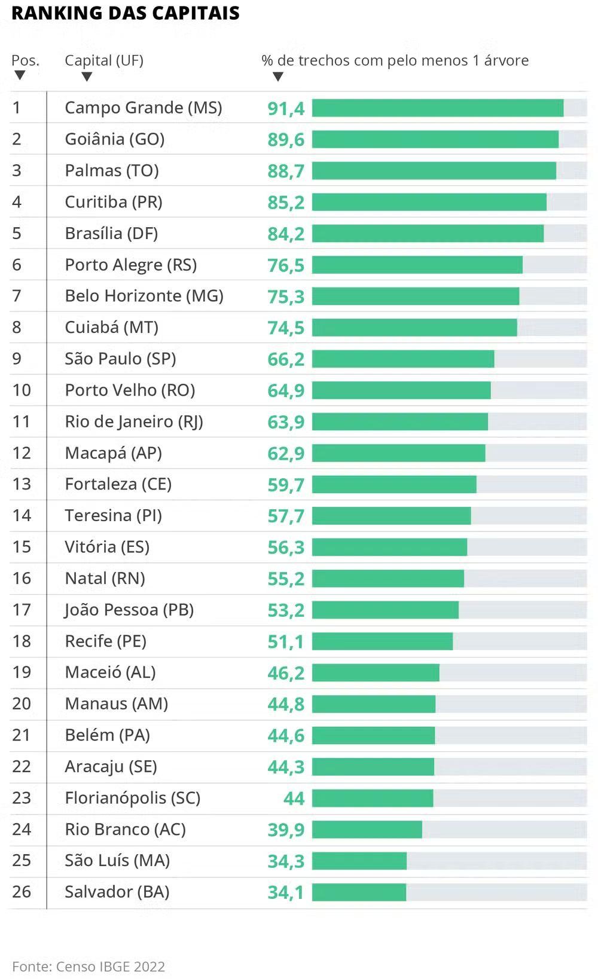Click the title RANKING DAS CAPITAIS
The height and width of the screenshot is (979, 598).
coord(126,13)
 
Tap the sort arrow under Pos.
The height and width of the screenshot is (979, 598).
coord(20,75)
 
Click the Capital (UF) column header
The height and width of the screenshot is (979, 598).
coord(104,60)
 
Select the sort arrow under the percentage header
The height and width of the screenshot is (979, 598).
coord(277,77)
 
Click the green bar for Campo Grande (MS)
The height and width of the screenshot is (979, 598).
coord(438,108)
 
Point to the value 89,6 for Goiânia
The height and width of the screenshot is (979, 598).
coord(286,140)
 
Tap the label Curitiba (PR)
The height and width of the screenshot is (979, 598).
coord(114,202)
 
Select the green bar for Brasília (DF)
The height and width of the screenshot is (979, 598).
coord(428,234)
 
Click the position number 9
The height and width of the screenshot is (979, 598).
coord(17,359)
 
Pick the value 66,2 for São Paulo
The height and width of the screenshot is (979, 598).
coord(286,359)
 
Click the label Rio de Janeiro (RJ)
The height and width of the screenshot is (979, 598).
coord(134,421)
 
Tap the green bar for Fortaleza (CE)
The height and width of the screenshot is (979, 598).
coord(394,485)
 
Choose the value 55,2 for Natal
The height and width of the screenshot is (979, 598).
coord(286,579)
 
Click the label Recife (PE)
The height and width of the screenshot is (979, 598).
coord(106,641)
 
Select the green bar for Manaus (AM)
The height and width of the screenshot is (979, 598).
coord(374,704)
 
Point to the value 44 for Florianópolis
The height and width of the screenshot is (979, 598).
coord(294,799)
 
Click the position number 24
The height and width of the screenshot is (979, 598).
coord(22,830)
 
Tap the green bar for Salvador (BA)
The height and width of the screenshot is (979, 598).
coord(359,892)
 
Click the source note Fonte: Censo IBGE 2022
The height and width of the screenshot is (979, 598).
coord(89,966)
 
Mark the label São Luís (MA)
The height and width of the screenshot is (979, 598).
coord(117,861)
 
